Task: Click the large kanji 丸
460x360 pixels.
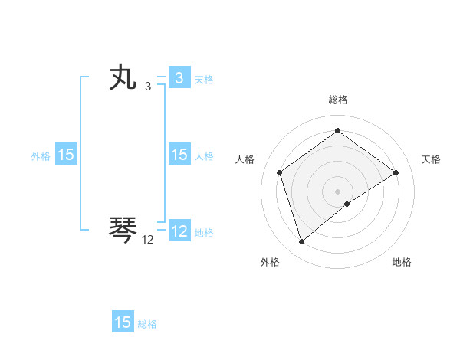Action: pyautogui.click(x=123, y=79)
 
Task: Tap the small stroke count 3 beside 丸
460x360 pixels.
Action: pyautogui.click(x=148, y=87)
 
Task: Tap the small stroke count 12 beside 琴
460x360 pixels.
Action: pyautogui.click(x=148, y=240)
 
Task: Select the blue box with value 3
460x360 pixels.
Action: pyautogui.click(x=179, y=78)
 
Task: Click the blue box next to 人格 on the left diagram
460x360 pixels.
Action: pyautogui.click(x=179, y=155)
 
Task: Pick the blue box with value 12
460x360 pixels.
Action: pyautogui.click(x=179, y=231)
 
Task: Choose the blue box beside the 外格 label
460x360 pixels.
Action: pyautogui.click(x=66, y=155)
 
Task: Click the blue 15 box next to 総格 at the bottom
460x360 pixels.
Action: pyautogui.click(x=123, y=322)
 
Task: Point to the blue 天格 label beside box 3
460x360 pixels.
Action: pyautogui.click(x=204, y=79)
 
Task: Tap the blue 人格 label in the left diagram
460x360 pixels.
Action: pyautogui.click(x=204, y=155)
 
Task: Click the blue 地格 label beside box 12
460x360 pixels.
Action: pyautogui.click(x=204, y=232)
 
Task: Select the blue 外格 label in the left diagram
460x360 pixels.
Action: pyautogui.click(x=41, y=155)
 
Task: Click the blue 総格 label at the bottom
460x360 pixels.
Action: pyautogui.click(x=147, y=323)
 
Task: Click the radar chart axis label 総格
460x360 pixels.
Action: pyautogui.click(x=338, y=100)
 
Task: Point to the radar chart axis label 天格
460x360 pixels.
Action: pyautogui.click(x=432, y=159)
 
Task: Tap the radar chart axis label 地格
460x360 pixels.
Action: pyautogui.click(x=402, y=262)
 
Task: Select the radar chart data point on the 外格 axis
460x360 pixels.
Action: pyautogui.click(x=301, y=242)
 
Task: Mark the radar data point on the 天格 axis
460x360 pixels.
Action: pyautogui.click(x=396, y=172)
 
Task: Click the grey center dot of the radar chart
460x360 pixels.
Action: pyautogui.click(x=338, y=191)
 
